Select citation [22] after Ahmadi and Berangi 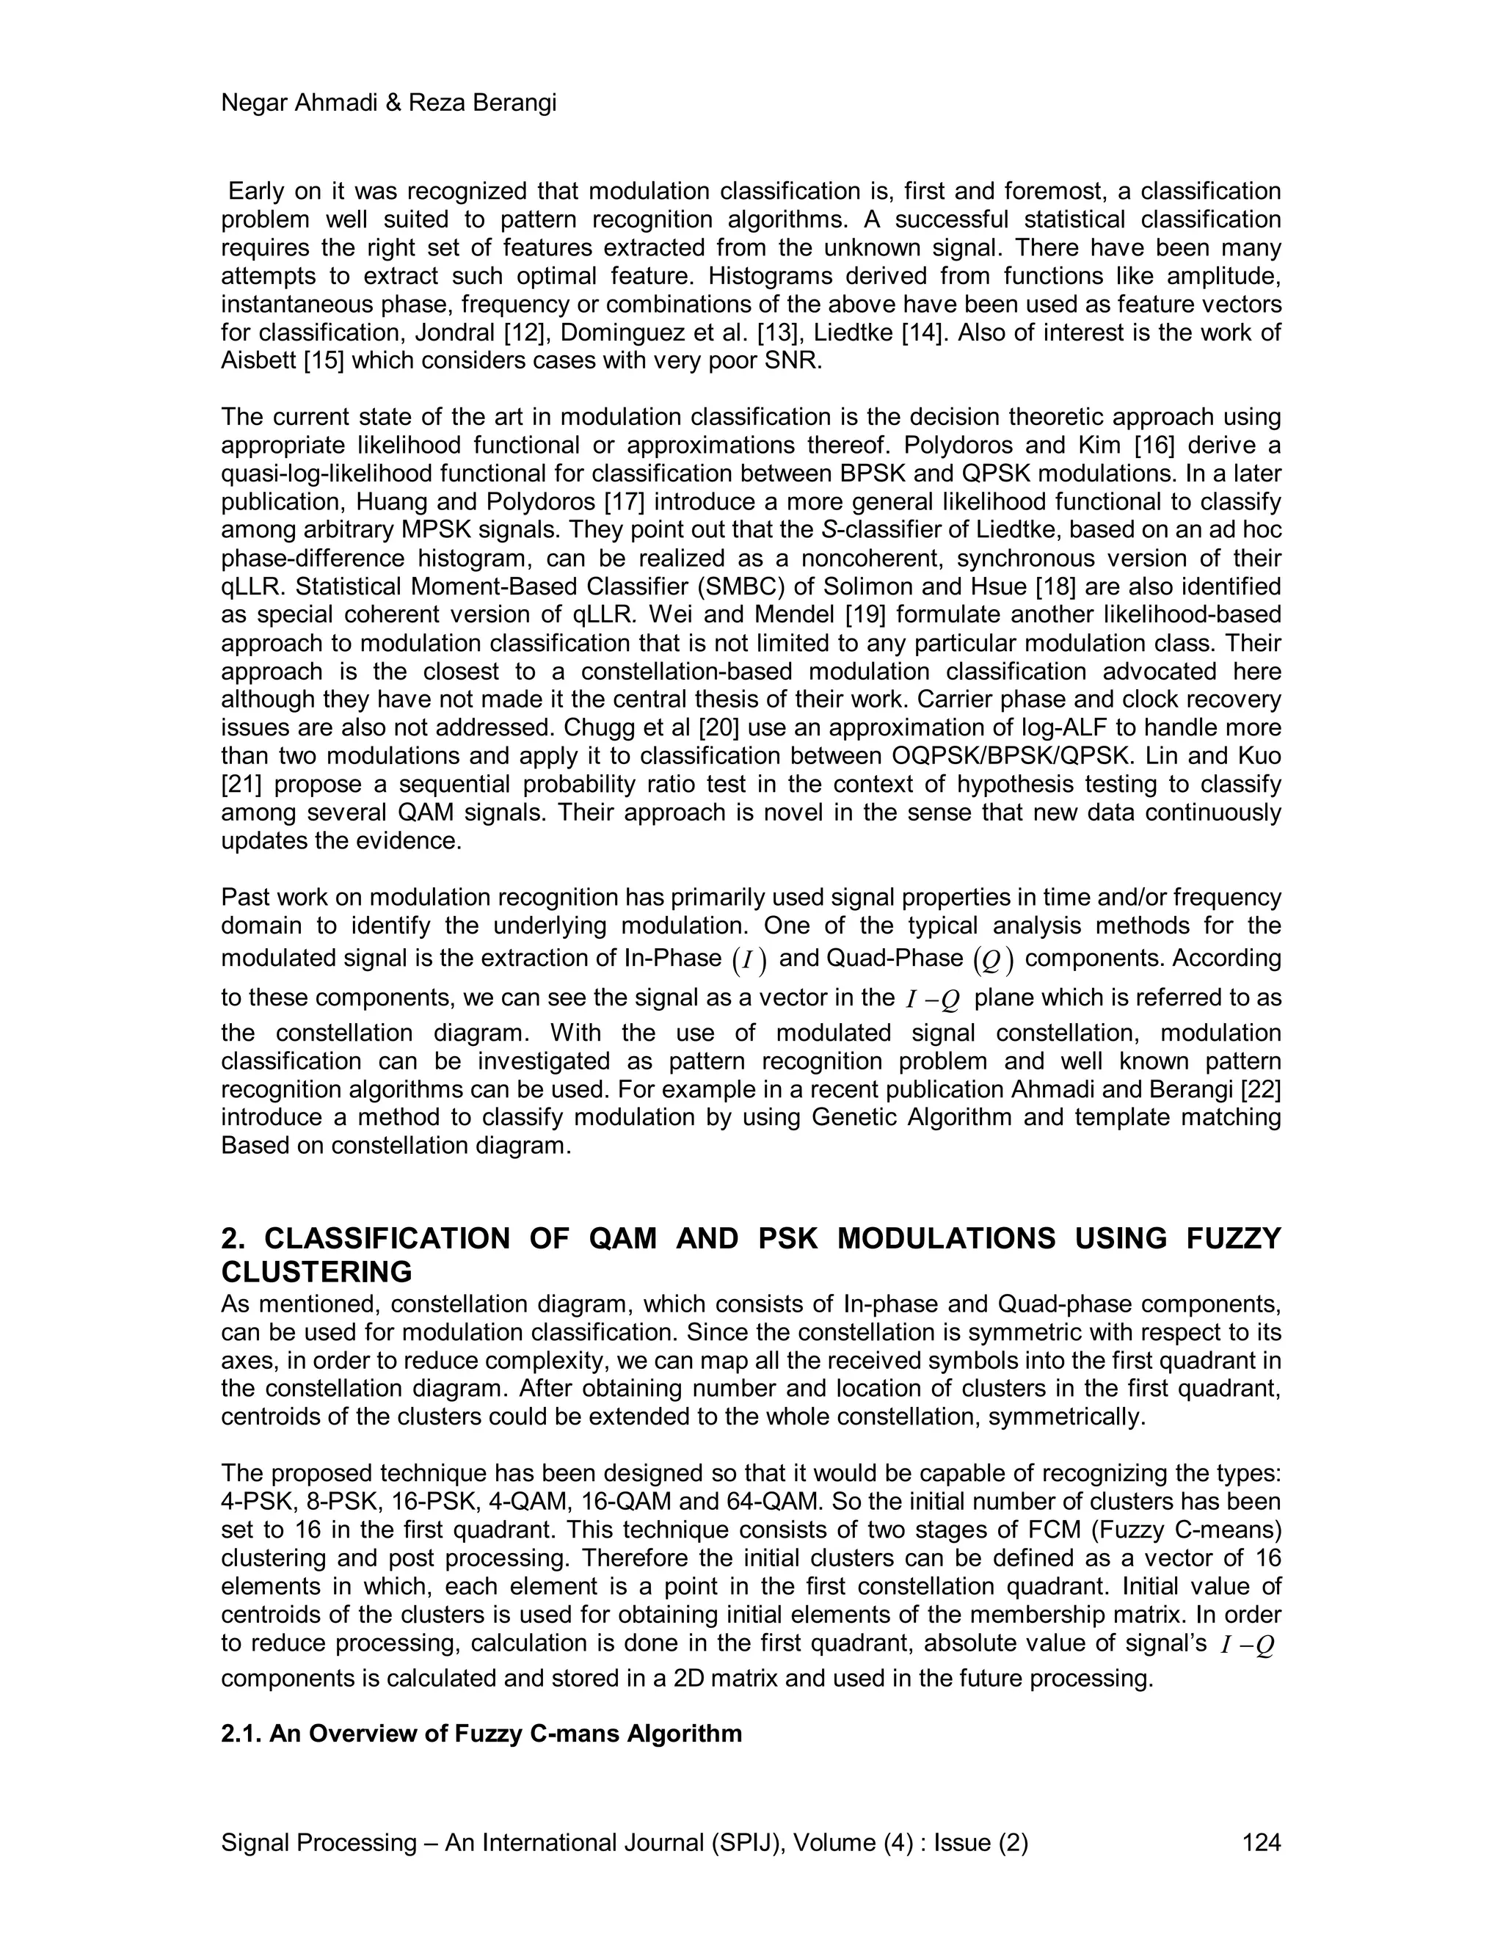(x=1260, y=1089)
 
